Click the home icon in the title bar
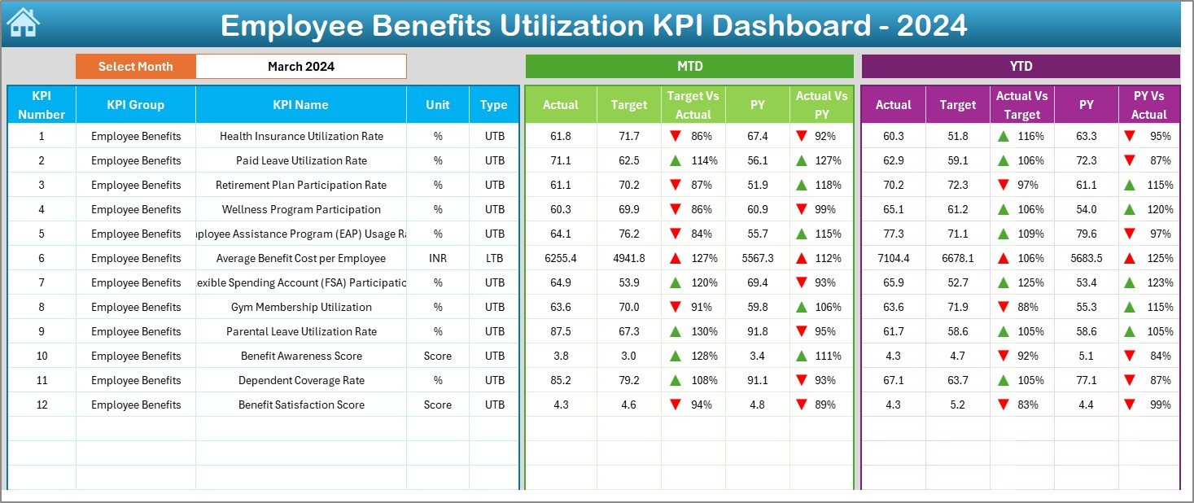tap(23, 24)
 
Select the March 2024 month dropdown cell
tap(301, 67)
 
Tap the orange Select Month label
tap(136, 67)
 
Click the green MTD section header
tap(689, 66)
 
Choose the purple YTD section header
tap(1020, 66)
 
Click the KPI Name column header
tap(301, 104)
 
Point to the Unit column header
tap(438, 104)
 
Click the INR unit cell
tap(438, 258)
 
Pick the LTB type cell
tap(494, 258)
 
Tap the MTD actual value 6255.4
tap(561, 258)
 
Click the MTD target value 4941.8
tap(629, 258)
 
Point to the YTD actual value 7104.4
tap(893, 258)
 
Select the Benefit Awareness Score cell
tap(301, 356)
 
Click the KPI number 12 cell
tap(42, 405)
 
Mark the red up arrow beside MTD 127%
tap(676, 258)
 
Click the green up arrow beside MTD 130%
tap(676, 331)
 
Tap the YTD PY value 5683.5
tap(1086, 258)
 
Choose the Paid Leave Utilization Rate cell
tap(301, 160)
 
